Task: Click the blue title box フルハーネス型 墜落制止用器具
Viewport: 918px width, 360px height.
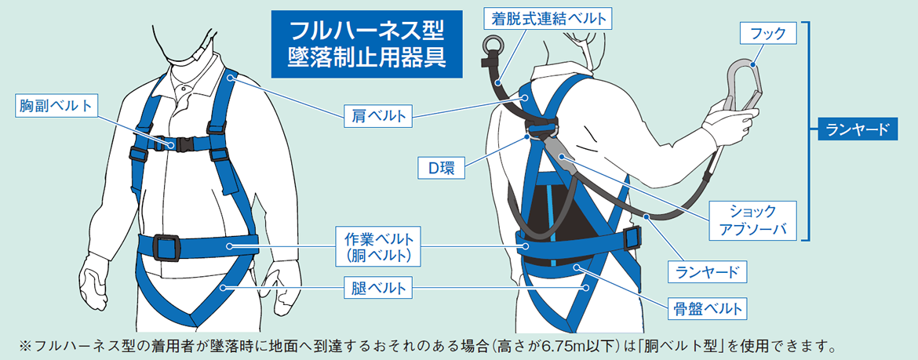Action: [x=366, y=43]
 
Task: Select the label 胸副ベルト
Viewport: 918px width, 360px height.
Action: [x=55, y=105]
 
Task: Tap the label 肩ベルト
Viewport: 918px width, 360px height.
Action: [x=377, y=117]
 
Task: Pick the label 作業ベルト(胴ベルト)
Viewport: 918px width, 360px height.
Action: [x=378, y=245]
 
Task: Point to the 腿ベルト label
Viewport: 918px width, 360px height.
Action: [x=377, y=288]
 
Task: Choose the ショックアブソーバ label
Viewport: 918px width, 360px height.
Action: [x=752, y=220]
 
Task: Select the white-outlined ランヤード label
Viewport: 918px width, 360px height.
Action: [x=707, y=272]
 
